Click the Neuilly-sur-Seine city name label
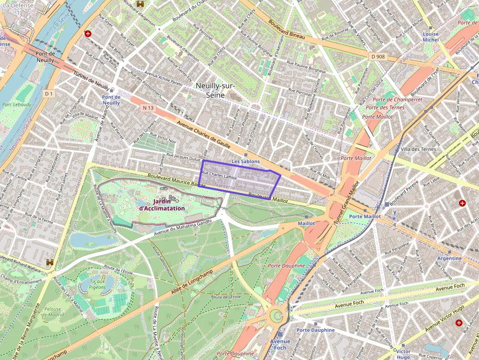pos(215,90)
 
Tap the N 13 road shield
pos(149,107)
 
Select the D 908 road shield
pos(378,57)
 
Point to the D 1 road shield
pos(48,93)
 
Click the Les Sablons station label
pos(246,161)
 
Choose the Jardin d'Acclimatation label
pos(162,205)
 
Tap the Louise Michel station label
pos(431,37)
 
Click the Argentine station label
pos(449,258)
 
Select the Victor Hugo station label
pos(403,355)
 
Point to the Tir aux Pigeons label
pos(97,284)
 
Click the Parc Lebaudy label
pos(17,105)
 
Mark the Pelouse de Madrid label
pos(52,312)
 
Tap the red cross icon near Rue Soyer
pos(88,34)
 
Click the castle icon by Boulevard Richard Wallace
pos(50,263)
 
